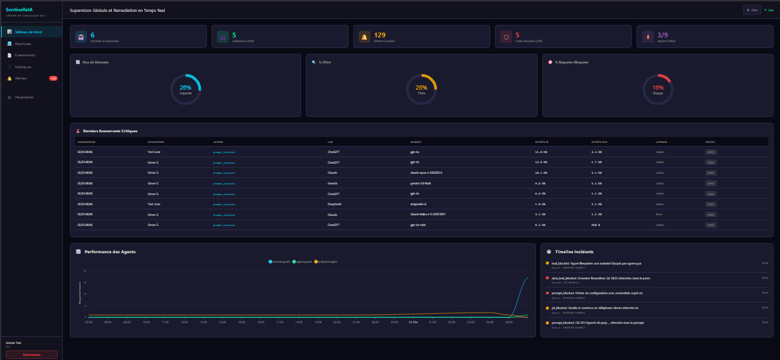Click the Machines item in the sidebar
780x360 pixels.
[x=23, y=44]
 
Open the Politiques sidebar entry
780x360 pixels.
[x=23, y=67]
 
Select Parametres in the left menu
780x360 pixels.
[x=24, y=97]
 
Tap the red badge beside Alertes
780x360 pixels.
[x=53, y=78]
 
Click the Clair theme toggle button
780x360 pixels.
[x=752, y=10]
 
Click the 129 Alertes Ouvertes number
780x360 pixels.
[x=379, y=36]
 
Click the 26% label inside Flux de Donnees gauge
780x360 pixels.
[x=186, y=88]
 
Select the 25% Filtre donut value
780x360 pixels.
[x=421, y=88]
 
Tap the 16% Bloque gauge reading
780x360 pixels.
[x=658, y=88]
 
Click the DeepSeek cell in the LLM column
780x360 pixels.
[x=334, y=204]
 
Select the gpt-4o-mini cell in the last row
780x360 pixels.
[x=417, y=225]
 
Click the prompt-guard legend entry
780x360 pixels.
[x=279, y=262]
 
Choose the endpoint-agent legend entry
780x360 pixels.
[x=325, y=262]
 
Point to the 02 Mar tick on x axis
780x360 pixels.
[x=414, y=323]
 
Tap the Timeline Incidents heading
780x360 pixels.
[x=574, y=252]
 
